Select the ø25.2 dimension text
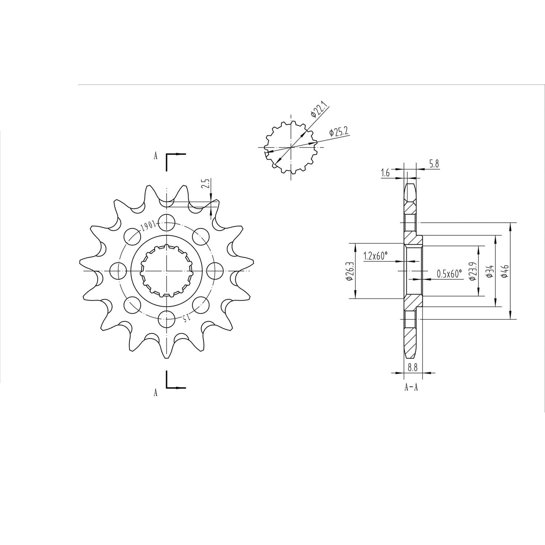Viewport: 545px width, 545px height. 338,132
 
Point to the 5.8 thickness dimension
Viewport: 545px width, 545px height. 433,164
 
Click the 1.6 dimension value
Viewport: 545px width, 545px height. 385,173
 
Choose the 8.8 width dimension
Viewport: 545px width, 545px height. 413,367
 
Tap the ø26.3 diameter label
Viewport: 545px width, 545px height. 348,271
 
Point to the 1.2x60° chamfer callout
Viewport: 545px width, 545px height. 376,256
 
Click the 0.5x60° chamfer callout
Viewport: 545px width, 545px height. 449,274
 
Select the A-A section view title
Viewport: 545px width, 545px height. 411,387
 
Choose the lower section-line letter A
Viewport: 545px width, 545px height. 155,393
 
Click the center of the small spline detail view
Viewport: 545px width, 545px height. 291,147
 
